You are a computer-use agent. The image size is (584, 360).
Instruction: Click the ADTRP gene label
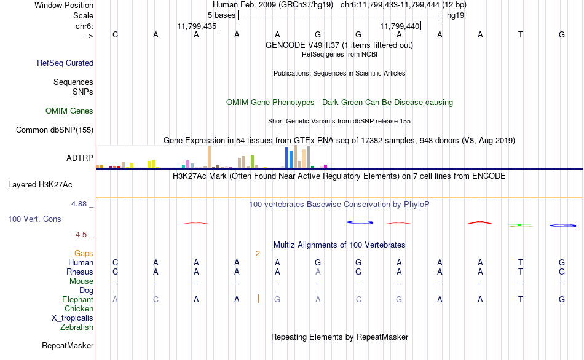tap(80, 158)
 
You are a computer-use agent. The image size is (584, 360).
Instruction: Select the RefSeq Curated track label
tap(65, 63)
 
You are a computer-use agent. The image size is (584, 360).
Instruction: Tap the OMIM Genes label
tap(69, 111)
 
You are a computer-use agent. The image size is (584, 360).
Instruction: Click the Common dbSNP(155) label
tap(55, 130)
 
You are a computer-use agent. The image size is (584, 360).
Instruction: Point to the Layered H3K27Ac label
tap(40, 185)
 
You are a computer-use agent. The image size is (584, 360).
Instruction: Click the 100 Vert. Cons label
tap(34, 219)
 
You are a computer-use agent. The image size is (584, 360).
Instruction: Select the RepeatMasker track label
tap(68, 345)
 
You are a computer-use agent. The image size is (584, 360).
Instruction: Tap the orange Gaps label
tap(84, 254)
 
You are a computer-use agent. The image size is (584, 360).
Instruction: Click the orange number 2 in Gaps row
tap(258, 254)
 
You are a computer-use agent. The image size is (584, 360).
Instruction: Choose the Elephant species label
tap(77, 300)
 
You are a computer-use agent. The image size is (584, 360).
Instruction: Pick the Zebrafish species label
tap(77, 327)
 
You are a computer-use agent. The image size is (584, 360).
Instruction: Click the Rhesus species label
tap(80, 272)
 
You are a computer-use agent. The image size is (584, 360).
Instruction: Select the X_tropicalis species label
tap(73, 318)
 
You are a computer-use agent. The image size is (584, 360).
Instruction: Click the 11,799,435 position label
tap(197, 26)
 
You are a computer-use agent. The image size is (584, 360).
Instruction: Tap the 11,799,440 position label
tap(400, 26)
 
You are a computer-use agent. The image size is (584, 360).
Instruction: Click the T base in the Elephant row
tap(521, 300)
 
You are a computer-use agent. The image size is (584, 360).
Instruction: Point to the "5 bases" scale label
tap(221, 15)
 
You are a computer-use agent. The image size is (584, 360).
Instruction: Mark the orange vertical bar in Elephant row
tap(258, 299)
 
